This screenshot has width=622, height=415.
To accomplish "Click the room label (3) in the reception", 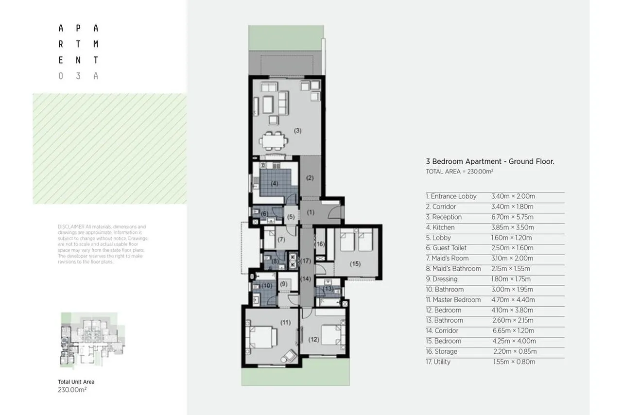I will (x=298, y=130).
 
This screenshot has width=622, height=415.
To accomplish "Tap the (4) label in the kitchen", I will (x=275, y=183).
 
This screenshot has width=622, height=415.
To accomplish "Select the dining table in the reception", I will (x=274, y=141).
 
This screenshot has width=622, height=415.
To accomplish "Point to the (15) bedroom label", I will (x=355, y=264).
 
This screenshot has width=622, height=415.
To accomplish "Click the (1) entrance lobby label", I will (x=311, y=212).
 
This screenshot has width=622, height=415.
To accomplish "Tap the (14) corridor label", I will (x=305, y=279).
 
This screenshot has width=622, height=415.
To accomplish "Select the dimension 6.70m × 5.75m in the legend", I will (x=512, y=217).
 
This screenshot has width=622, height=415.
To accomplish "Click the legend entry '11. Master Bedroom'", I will (x=453, y=300).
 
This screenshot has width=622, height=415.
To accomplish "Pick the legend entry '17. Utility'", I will (x=438, y=362).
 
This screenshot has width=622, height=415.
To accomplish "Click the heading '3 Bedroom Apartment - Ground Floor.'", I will (x=490, y=161).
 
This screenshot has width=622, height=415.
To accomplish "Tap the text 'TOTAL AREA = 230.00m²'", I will (x=459, y=172).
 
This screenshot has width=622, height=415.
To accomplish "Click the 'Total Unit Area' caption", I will (x=76, y=382).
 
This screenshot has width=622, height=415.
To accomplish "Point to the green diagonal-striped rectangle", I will (x=109, y=149).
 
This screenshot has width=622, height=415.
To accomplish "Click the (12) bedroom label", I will (x=313, y=340).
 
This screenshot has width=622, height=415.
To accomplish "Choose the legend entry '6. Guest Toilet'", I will (x=446, y=248).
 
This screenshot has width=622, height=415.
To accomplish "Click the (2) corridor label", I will (x=310, y=178).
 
